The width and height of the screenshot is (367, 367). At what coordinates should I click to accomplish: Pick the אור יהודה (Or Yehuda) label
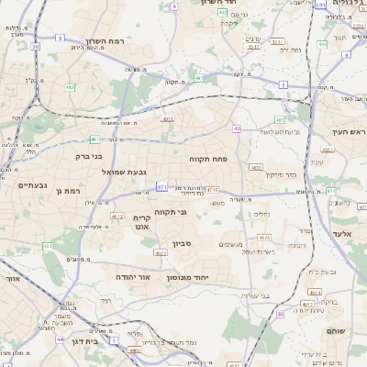(x=132, y=275)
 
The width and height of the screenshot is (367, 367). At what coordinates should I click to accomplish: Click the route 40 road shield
(x=237, y=128)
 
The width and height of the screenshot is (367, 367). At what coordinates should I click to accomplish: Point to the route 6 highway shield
(x=347, y=54)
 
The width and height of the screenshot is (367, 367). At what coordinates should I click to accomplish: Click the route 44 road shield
(x=60, y=339)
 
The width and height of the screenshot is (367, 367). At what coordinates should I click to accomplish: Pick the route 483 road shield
(x=279, y=120)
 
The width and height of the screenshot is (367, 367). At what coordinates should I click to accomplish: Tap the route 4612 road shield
(x=117, y=217)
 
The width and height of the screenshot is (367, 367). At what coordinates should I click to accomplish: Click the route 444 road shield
(x=322, y=43)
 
